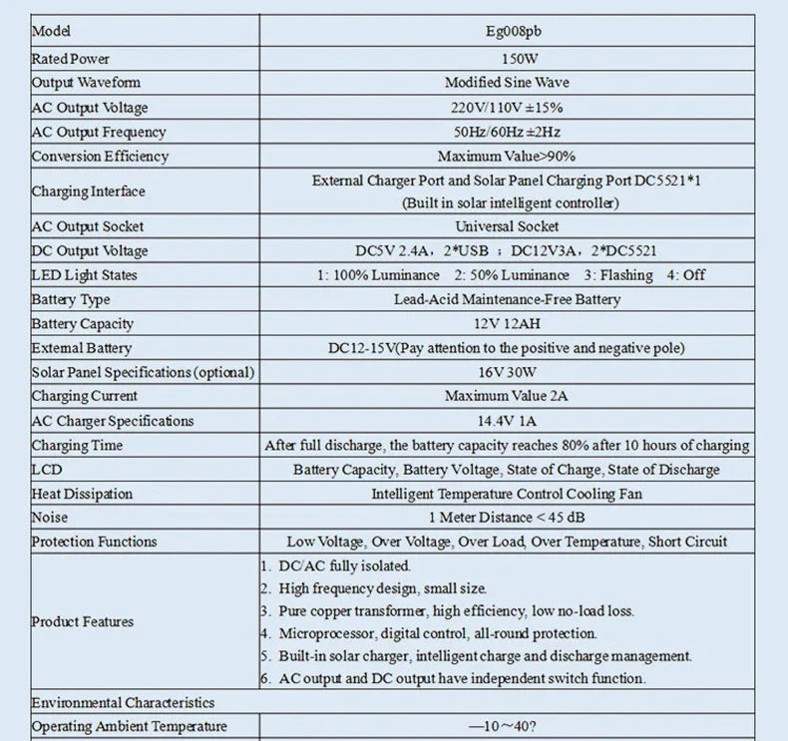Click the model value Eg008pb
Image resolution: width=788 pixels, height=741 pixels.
[x=507, y=32]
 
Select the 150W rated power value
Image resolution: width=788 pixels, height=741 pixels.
[x=507, y=59]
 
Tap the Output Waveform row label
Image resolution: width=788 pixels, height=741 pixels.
[x=86, y=83]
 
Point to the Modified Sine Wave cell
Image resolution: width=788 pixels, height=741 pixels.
[x=507, y=83]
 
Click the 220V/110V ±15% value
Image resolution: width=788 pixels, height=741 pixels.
[x=507, y=108]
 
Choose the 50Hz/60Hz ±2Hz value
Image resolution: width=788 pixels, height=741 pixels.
[x=507, y=132]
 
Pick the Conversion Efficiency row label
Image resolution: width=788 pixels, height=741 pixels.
[x=100, y=156]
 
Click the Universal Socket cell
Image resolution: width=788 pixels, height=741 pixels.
[x=507, y=226]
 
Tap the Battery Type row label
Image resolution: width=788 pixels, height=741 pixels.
[x=71, y=299]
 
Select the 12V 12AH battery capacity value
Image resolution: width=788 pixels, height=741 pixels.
[x=507, y=324]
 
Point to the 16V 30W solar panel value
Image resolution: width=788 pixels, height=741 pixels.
[x=507, y=372]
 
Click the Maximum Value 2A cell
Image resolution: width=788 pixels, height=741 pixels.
[x=507, y=396]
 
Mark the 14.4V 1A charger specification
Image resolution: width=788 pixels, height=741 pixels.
[x=507, y=421]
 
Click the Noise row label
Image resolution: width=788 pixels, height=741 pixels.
[x=50, y=518]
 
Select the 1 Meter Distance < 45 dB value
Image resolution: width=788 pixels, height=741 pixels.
[x=507, y=518]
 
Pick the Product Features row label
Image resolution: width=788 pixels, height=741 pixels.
[x=82, y=621]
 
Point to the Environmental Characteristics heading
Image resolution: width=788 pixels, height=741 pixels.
[x=123, y=702]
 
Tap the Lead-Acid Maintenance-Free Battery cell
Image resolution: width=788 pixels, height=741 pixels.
[x=507, y=299]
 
